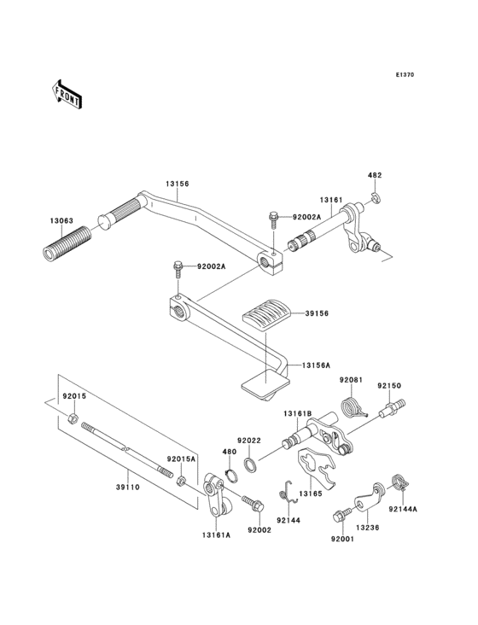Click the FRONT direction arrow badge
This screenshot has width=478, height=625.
[68, 94]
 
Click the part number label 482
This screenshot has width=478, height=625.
[374, 175]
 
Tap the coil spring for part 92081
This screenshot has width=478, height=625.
[350, 407]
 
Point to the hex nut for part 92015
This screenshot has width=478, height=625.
[74, 418]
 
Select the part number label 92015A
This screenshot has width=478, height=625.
[180, 459]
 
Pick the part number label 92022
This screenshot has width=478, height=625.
[248, 440]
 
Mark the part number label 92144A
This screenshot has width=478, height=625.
[403, 510]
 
